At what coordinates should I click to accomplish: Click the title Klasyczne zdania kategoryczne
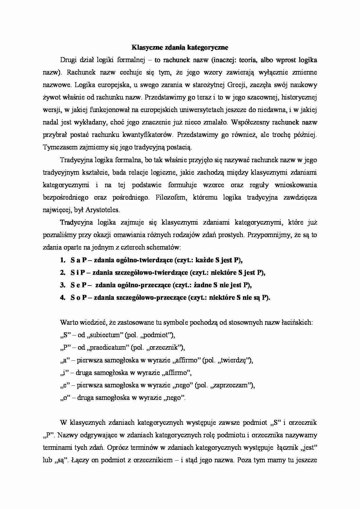tap(180, 47)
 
